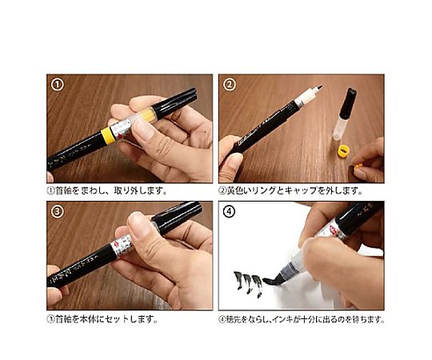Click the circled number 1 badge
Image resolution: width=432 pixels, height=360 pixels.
pos(58,85)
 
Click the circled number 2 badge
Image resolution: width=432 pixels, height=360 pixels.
pos(230,84)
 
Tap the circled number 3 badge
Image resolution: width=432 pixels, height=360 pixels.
pos(58,211)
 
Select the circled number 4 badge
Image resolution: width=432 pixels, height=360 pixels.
pos(229,212)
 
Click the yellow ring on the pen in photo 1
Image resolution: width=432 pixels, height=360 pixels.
pos(108,135)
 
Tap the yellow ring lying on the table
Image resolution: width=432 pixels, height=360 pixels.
pos(343,151)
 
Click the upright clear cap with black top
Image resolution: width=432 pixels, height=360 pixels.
pos(345,114)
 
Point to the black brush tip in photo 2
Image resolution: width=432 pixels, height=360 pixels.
pos(318,88)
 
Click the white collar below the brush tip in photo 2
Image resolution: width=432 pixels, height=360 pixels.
pos(305,98)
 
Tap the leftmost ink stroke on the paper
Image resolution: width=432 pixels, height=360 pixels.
pos(238,280)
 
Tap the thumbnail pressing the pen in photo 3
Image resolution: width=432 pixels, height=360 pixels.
pos(140,225)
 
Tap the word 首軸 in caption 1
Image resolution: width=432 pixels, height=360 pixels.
pos(63,190)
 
